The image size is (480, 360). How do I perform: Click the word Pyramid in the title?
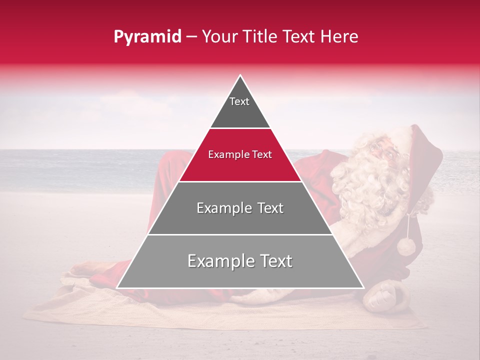coord(147,37)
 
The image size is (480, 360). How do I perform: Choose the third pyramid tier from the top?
coord(240,208)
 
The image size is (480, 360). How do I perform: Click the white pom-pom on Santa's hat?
coord(406,246)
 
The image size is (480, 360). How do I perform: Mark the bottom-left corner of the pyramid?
coord(117,287)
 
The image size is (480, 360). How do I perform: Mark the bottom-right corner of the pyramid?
coord(363,287)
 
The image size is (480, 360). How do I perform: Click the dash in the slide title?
coord(191,37)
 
